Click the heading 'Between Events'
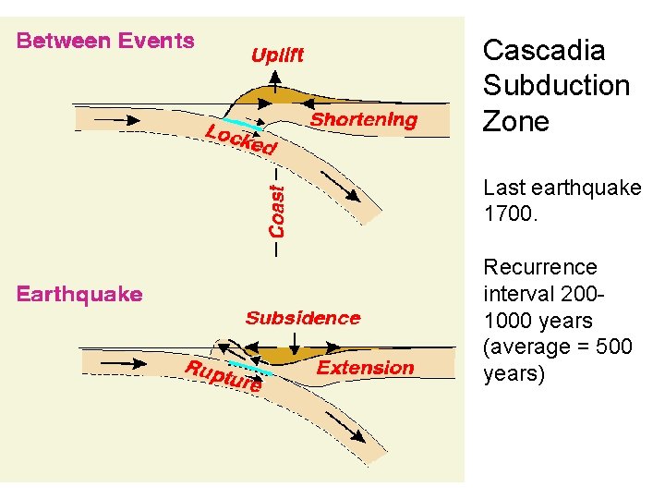click(105, 41)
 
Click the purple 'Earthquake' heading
click(79, 295)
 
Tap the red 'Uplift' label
click(277, 55)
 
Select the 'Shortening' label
click(363, 120)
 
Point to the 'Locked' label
click(240, 140)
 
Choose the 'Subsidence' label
click(303, 319)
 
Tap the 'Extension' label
click(366, 368)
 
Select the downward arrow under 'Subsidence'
click(301, 342)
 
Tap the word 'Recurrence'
click(540, 268)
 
